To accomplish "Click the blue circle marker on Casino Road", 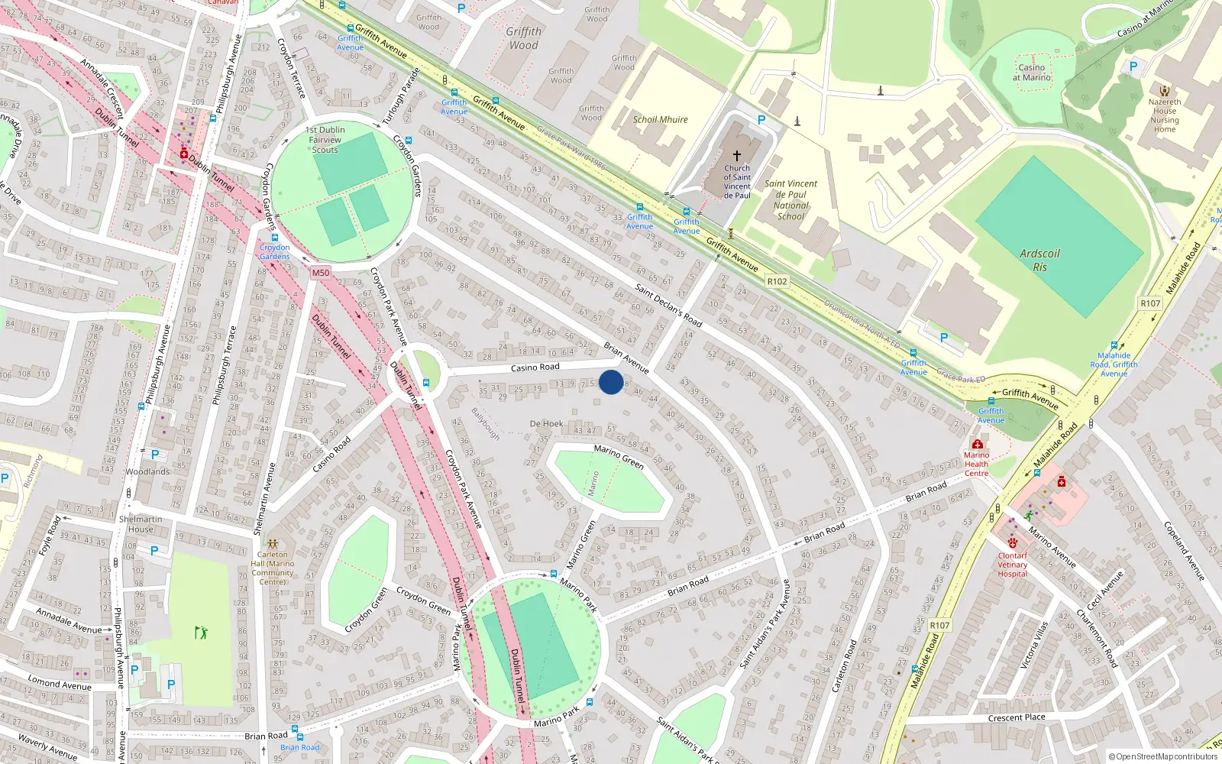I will click(x=610, y=382).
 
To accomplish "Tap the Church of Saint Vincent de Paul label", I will click(x=737, y=182).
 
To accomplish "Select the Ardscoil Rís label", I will click(x=1039, y=260).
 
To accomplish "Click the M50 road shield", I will click(x=321, y=273).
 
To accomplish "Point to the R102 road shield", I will click(x=777, y=281).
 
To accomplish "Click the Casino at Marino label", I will click(x=1032, y=73).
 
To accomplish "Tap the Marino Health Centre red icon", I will click(x=977, y=444).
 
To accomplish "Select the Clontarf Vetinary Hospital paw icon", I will click(x=1013, y=543).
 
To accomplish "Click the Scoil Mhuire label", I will click(x=660, y=120).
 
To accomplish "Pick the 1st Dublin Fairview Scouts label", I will click(x=325, y=140).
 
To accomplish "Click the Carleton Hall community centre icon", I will click(x=273, y=544).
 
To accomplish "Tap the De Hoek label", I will click(x=546, y=423).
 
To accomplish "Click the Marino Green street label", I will click(x=619, y=457).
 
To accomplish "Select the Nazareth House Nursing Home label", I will click(x=1165, y=115).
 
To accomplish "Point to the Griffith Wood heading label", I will click(x=523, y=38).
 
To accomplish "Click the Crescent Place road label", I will click(x=1016, y=717).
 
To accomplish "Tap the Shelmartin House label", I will click(x=141, y=524).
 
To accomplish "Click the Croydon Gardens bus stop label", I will click(x=274, y=251).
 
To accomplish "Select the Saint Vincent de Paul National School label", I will click(x=790, y=199).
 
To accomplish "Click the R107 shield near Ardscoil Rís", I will click(x=1150, y=303).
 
